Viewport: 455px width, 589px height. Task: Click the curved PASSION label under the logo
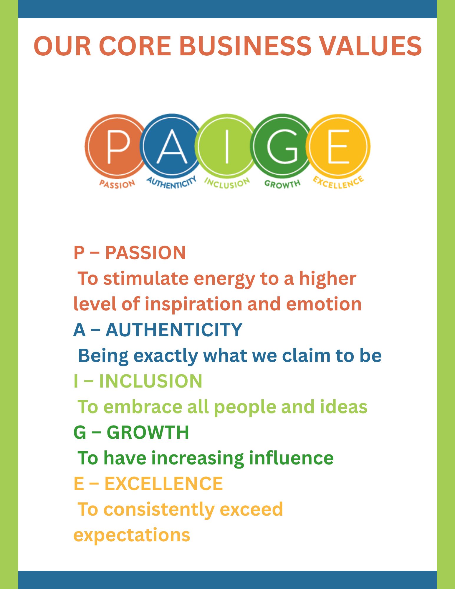coord(117,184)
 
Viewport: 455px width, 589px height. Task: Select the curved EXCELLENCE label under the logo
coord(338,182)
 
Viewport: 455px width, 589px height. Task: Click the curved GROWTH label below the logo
coord(282,184)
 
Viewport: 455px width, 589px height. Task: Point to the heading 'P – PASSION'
coord(130,253)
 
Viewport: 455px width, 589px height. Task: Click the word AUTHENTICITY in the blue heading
coord(174,330)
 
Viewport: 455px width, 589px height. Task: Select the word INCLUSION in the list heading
coord(150,381)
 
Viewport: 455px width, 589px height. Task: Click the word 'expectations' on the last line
coord(132,535)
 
